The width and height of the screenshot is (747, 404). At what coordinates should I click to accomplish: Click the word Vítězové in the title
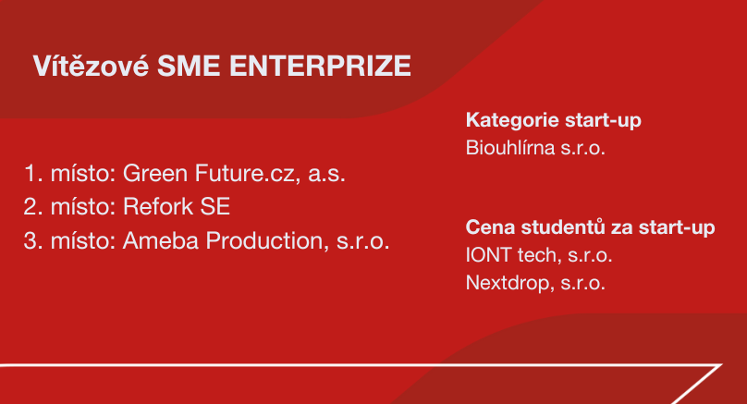[91, 66]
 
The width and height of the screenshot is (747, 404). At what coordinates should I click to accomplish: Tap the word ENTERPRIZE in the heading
[320, 66]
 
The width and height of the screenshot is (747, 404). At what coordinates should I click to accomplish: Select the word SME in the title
[189, 66]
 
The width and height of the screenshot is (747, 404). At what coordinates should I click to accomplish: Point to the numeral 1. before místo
[33, 174]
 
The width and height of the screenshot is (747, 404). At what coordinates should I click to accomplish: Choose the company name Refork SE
[177, 207]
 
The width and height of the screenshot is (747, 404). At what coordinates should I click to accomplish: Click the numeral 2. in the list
[33, 207]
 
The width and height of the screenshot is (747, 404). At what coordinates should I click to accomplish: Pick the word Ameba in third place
[161, 240]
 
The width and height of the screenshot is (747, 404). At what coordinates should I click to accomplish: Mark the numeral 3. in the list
[33, 240]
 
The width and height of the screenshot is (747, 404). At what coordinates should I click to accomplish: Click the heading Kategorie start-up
[554, 120]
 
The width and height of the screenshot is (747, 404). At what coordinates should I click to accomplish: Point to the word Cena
[490, 227]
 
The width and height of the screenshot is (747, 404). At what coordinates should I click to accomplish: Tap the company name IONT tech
[509, 255]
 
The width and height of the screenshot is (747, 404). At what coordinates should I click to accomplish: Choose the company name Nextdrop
[509, 283]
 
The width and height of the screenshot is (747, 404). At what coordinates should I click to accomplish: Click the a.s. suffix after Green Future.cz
[327, 174]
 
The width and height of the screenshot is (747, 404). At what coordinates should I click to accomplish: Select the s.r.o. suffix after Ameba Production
[363, 241]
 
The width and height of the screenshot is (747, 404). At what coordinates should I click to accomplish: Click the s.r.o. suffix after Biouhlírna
[582, 149]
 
